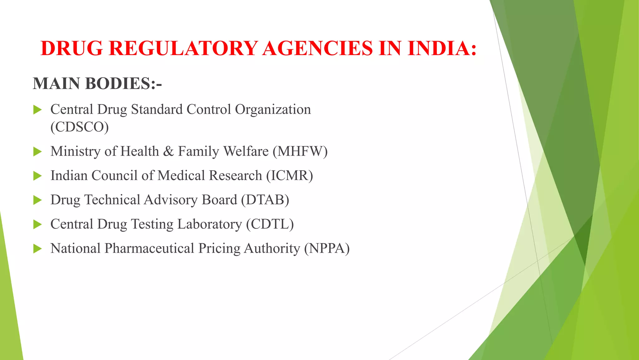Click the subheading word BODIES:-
click(123, 83)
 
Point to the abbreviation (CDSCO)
click(80, 127)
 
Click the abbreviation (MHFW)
click(300, 151)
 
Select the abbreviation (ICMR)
click(290, 176)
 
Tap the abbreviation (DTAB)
click(265, 200)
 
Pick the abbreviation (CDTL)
click(270, 224)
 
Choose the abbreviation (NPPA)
click(327, 248)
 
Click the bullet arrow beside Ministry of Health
click(37, 152)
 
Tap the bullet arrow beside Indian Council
click(37, 176)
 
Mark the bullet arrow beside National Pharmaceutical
click(37, 249)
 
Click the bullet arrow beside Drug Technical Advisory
click(37, 200)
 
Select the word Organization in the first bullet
click(273, 110)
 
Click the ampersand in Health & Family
click(168, 151)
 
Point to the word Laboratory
click(209, 224)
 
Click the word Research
click(235, 176)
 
